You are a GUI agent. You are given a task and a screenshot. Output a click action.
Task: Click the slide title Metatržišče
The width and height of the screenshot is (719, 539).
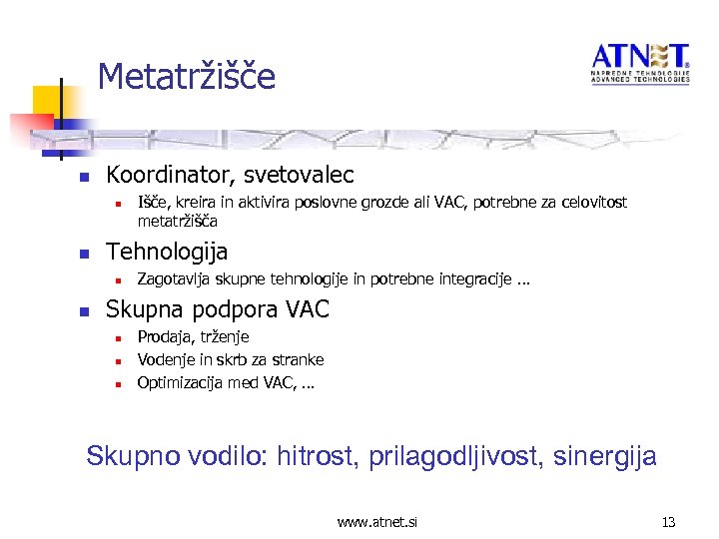(x=187, y=77)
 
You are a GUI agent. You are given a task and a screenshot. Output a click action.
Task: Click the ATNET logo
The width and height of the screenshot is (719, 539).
(x=639, y=63)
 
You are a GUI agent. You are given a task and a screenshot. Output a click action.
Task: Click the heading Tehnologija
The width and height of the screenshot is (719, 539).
(x=167, y=251)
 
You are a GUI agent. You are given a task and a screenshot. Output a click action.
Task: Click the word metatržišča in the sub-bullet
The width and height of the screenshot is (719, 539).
(x=177, y=221)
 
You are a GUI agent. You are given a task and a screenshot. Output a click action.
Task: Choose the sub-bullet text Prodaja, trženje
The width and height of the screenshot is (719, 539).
(x=193, y=337)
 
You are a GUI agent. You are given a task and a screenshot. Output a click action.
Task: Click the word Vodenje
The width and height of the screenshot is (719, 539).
(x=167, y=359)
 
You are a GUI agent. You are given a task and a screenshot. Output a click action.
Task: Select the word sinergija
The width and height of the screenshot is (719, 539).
(x=609, y=457)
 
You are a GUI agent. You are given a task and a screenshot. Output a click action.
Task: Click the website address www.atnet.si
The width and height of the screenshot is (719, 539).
(x=377, y=521)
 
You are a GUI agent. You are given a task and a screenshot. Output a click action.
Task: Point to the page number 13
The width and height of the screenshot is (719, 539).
(x=668, y=521)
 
